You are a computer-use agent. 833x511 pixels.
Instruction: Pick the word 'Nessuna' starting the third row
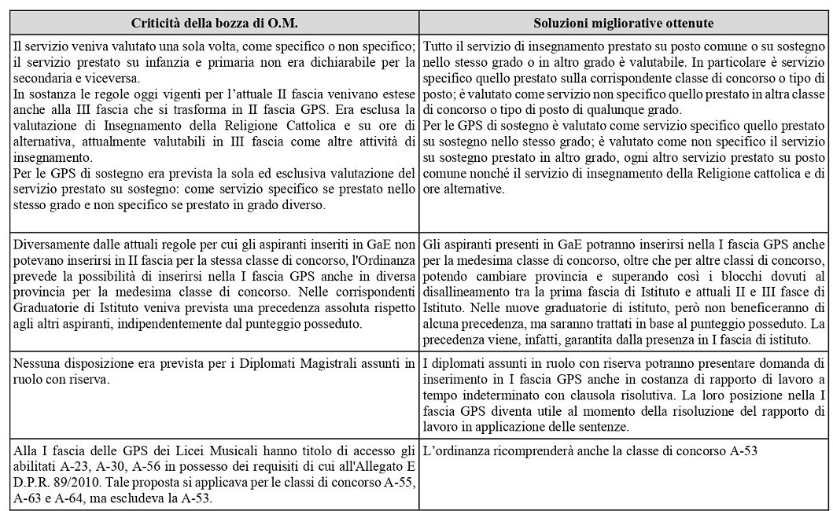[35, 363]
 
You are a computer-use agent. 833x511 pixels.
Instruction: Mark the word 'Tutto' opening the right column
[437, 45]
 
